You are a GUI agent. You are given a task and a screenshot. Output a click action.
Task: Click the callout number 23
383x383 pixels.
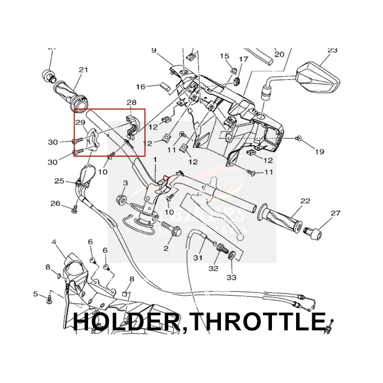(332, 50)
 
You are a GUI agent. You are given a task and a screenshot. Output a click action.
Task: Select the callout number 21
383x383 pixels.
(84, 70)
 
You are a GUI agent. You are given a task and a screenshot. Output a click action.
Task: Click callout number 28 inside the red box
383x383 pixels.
(131, 103)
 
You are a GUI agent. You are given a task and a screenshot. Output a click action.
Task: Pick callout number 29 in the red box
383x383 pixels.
(80, 123)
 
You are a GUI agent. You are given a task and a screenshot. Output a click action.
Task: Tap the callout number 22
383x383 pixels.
(305, 200)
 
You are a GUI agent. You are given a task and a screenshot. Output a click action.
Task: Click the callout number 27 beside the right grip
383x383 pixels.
(335, 213)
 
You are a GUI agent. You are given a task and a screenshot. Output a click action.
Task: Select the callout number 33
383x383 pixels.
(232, 277)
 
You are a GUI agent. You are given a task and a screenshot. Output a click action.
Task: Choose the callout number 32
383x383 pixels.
(214, 269)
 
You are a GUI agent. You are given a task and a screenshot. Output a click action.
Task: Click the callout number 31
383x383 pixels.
(197, 257)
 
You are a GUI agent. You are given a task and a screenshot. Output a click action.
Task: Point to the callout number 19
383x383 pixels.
(319, 152)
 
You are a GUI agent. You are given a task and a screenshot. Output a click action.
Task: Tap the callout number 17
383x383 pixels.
(243, 59)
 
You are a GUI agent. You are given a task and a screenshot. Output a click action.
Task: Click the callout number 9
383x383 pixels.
(154, 50)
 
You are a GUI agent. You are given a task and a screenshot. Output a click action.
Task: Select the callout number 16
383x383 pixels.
(140, 86)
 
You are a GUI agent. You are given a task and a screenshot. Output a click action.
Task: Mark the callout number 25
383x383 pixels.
(59, 181)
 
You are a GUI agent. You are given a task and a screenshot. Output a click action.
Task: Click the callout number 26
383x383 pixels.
(55, 203)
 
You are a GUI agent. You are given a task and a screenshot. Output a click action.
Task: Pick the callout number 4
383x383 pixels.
(54, 242)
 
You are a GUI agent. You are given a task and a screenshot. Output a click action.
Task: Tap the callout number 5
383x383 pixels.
(35, 294)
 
